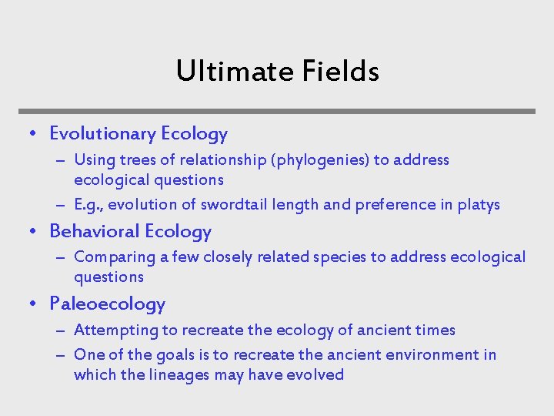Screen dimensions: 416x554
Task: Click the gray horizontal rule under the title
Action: (x=277, y=111)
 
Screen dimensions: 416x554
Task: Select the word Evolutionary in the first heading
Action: (x=102, y=134)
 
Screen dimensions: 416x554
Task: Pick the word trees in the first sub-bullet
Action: (x=136, y=160)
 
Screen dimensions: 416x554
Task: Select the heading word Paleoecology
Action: (x=107, y=304)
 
